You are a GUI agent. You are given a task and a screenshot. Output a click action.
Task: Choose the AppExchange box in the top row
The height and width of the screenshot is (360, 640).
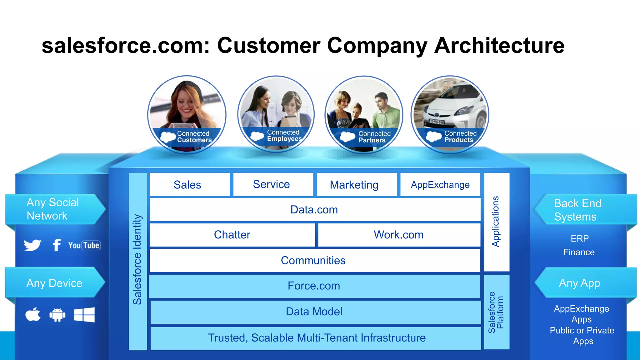(x=440, y=185)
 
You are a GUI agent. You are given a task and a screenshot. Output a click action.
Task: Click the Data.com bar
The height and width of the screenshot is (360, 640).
(x=315, y=210)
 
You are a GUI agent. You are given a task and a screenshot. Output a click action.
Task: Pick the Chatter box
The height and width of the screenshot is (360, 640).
(x=232, y=235)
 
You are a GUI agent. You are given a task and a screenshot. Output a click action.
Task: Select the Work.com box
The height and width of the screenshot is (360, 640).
(x=399, y=235)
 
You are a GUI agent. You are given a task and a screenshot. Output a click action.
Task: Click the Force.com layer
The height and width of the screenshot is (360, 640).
(x=314, y=286)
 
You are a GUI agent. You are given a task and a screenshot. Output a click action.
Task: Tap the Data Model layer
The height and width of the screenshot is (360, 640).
(x=315, y=312)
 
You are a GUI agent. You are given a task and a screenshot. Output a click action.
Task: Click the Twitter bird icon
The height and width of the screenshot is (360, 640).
(x=32, y=245)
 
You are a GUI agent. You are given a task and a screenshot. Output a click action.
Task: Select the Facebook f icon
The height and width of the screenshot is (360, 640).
(x=57, y=245)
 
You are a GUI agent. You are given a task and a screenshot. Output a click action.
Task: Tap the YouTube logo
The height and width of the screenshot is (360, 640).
(x=84, y=245)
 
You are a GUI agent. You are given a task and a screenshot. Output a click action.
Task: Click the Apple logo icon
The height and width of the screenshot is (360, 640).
(x=33, y=314)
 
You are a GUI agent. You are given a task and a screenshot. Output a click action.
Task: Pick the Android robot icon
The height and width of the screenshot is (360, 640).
(x=57, y=315)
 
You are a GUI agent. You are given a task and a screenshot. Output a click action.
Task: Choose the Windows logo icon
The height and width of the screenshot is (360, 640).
(x=84, y=315)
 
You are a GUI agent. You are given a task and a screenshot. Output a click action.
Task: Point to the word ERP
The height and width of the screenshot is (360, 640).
(x=580, y=238)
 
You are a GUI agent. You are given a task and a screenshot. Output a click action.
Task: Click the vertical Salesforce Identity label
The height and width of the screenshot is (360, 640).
(x=137, y=259)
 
